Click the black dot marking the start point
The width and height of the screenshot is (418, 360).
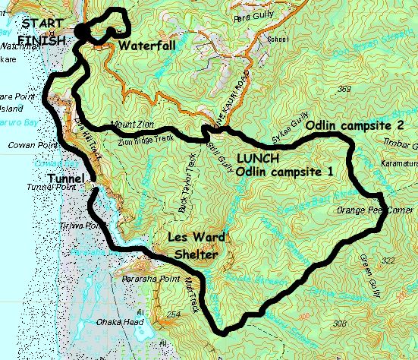[80, 31]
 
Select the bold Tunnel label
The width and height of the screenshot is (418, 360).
[68, 178]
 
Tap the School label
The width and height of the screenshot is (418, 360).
[278, 39]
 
